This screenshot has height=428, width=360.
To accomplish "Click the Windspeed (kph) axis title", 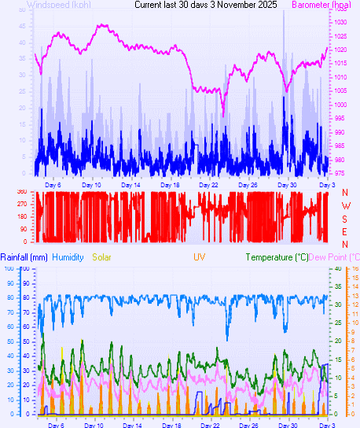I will coord(58,5).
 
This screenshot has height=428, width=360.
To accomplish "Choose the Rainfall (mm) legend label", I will coord(24,257).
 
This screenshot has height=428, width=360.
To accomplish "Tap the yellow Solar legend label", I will coord(105,257).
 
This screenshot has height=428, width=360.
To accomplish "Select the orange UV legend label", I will coord(198,257).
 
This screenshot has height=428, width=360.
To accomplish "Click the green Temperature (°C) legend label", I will coord(277,257).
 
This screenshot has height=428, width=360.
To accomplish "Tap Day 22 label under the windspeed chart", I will coord(209,184).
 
